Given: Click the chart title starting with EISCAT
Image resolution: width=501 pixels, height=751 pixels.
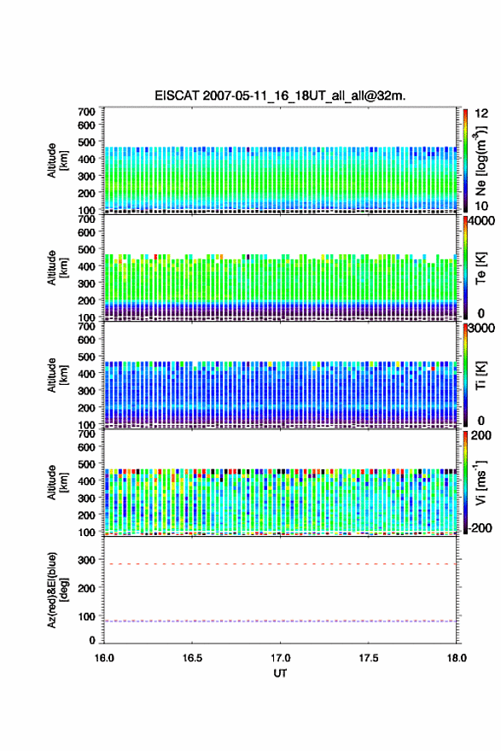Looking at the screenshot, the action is pyautogui.click(x=280, y=96).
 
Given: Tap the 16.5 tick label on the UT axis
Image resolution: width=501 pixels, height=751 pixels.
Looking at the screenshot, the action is pyautogui.click(x=192, y=658).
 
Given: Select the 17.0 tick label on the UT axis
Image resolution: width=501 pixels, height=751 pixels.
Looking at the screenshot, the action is pyautogui.click(x=280, y=658).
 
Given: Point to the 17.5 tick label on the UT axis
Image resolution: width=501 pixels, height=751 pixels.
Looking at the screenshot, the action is pyautogui.click(x=369, y=658).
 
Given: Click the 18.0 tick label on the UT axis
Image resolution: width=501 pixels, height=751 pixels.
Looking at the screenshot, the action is pyautogui.click(x=457, y=658).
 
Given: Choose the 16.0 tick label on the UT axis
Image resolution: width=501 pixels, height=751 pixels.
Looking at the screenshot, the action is pyautogui.click(x=104, y=658).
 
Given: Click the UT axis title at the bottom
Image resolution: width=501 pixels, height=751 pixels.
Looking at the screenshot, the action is pyautogui.click(x=280, y=673).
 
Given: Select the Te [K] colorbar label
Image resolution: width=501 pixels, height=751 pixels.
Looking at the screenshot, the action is pyautogui.click(x=481, y=268).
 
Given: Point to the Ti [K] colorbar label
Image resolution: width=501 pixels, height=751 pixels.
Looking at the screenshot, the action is pyautogui.click(x=481, y=375).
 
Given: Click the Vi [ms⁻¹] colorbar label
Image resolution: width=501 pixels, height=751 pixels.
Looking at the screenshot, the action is pyautogui.click(x=481, y=482).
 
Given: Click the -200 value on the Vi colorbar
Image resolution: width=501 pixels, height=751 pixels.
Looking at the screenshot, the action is pyautogui.click(x=478, y=527).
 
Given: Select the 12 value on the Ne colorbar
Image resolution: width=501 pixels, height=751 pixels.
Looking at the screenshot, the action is pyautogui.click(x=481, y=113).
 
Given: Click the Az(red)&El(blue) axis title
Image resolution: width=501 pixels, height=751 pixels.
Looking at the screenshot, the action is pyautogui.click(x=57, y=590).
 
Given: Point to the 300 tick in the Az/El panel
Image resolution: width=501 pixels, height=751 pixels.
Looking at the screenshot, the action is pyautogui.click(x=86, y=560).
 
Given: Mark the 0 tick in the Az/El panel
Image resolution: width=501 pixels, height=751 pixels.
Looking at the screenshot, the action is pyautogui.click(x=92, y=640).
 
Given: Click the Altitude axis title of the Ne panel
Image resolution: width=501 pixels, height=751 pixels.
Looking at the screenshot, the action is pyautogui.click(x=57, y=160).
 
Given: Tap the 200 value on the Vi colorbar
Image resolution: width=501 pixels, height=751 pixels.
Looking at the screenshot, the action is pyautogui.click(x=481, y=435).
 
